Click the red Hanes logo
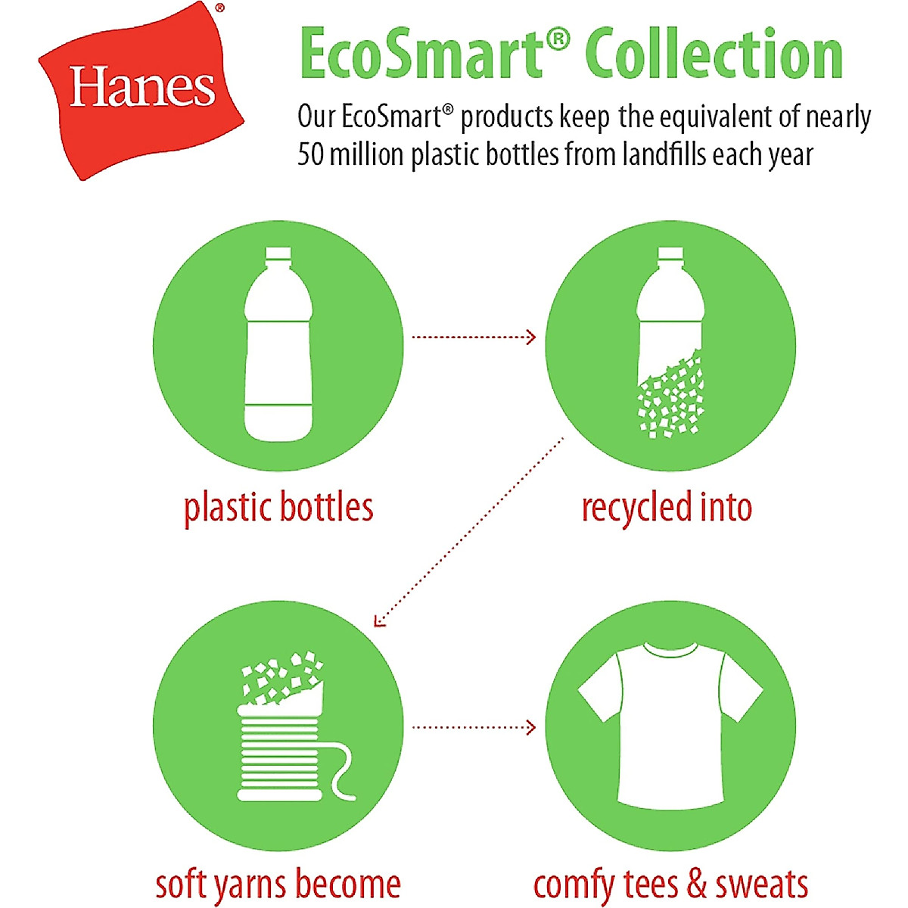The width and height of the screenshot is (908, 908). click(141, 89)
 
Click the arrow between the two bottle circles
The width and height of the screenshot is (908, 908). click(474, 337)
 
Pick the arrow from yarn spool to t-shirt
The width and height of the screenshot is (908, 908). click(474, 727)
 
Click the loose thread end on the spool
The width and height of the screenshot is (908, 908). click(344, 772)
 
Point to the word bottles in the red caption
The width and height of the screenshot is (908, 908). click(326, 507)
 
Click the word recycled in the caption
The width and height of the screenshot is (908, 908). click(636, 507)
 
